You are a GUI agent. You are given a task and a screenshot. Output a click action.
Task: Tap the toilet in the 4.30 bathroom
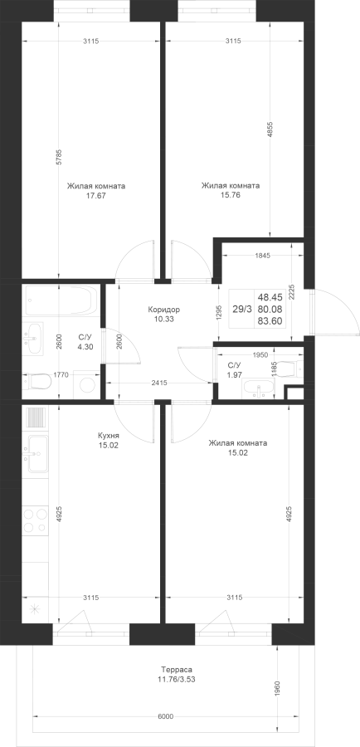click(x=36, y=381)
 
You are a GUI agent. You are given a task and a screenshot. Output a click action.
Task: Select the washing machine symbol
click(x=86, y=384)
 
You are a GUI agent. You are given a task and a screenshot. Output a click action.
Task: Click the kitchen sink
click(x=36, y=454)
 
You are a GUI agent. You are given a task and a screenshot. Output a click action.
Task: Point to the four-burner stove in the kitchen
click(x=35, y=520)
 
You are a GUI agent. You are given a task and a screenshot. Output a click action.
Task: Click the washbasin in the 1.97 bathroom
click(x=259, y=388)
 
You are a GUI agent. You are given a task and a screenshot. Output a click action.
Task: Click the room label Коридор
click(x=163, y=310)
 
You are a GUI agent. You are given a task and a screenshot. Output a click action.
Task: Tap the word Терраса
click(x=177, y=669)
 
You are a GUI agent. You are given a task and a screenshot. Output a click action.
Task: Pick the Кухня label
click(x=108, y=435)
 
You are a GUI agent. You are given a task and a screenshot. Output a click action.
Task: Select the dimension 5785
click(x=59, y=157)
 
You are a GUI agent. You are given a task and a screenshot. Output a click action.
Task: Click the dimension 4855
click(x=270, y=130)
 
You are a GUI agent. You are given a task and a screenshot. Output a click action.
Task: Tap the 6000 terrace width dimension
click(x=165, y=716)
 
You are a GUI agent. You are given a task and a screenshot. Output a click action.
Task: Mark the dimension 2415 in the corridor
click(x=158, y=382)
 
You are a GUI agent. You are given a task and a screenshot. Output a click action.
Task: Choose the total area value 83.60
click(x=270, y=321)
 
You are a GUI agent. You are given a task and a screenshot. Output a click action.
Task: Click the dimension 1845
click(x=262, y=256)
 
